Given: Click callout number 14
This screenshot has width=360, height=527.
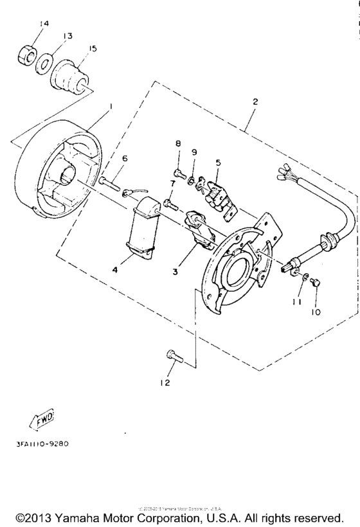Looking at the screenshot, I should click(x=43, y=24).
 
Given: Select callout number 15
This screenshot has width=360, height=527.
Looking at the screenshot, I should click(x=94, y=49).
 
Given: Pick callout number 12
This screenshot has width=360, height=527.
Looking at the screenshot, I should click(x=165, y=383).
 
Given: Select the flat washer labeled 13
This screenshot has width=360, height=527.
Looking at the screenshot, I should click(x=44, y=66).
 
